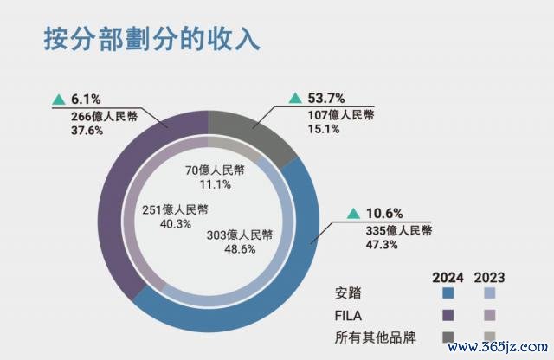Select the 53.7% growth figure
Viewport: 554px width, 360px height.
pyautogui.click(x=330, y=99)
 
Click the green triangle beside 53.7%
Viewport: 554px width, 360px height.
pyautogui.click(x=294, y=99)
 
